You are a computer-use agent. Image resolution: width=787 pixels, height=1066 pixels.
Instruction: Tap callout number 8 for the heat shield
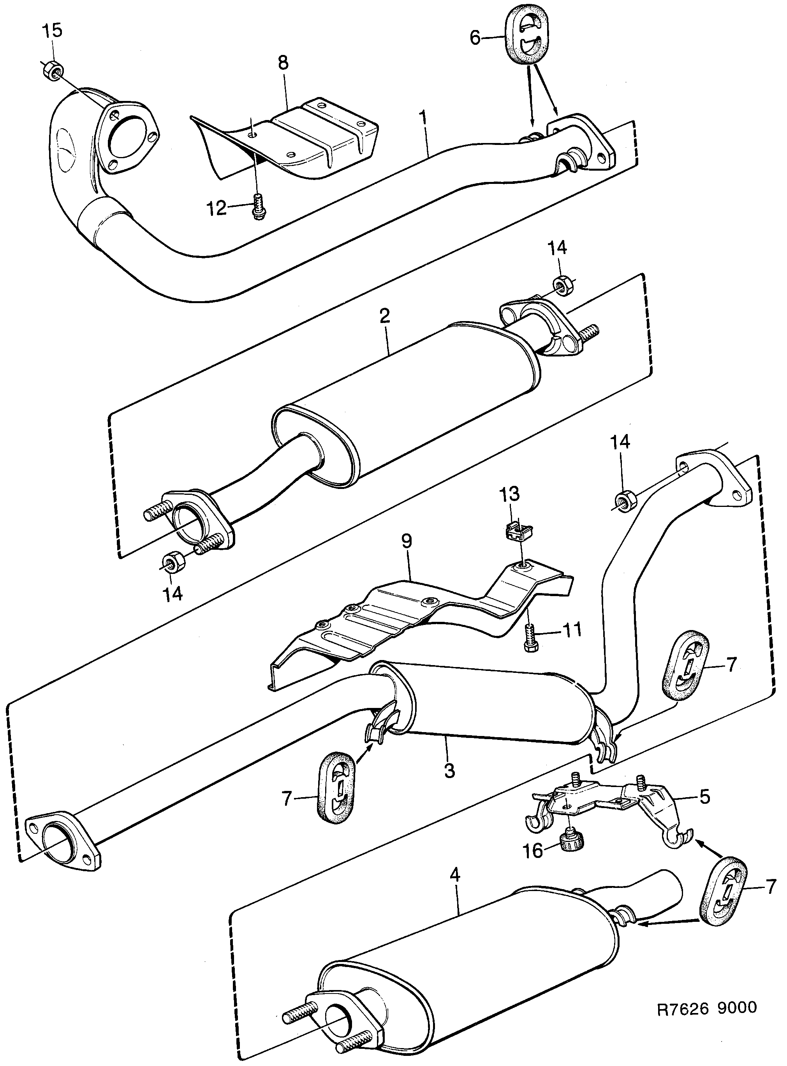[x=283, y=63]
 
